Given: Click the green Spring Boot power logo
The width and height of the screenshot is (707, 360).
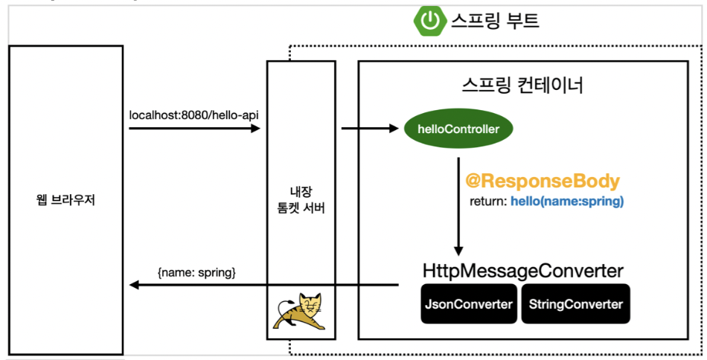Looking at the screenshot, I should [x=430, y=21].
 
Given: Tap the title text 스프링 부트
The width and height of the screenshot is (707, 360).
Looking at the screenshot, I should [x=494, y=21].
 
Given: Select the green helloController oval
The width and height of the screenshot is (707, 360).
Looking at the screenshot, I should [x=458, y=129].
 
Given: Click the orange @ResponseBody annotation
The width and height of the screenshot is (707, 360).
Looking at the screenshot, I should [x=542, y=181].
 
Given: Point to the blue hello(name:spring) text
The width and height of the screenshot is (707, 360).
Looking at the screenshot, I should [x=566, y=202].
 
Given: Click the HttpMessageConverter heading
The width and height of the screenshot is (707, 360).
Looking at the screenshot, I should [x=522, y=271].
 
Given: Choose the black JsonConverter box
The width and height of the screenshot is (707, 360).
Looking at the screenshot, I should [x=469, y=304].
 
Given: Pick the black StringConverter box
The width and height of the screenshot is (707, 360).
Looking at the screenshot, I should [x=575, y=304].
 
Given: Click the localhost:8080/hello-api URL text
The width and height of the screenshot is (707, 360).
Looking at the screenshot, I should [x=193, y=115].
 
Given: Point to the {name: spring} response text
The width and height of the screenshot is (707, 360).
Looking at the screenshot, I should [x=196, y=272].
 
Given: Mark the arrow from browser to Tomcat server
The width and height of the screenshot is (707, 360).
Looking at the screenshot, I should [x=193, y=129].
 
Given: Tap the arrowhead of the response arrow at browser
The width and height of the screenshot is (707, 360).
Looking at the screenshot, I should [x=135, y=285].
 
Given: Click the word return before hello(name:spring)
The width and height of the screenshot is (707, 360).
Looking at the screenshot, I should [x=487, y=202].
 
